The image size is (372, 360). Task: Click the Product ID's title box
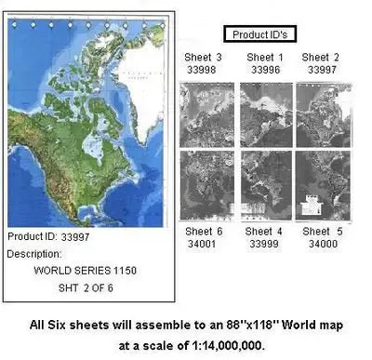pos(261,35)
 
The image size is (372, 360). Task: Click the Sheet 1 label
pos(263,58)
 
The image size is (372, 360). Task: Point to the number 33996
pos(263,71)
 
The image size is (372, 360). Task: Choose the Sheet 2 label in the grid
pos(321,58)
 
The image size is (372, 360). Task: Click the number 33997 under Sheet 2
pos(321,71)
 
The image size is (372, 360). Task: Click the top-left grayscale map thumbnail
pos(206,113)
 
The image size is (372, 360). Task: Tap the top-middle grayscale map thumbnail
pos(265,113)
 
